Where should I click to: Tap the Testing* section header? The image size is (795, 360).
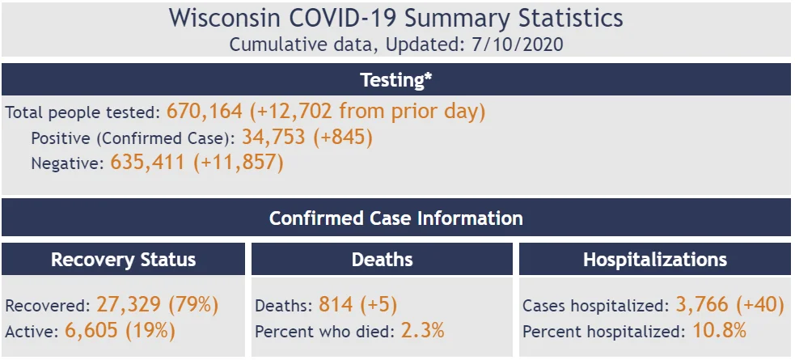[396, 79]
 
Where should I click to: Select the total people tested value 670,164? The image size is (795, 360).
[205, 112]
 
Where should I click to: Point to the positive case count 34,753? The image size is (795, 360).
[273, 137]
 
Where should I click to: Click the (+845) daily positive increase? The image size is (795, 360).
[343, 137]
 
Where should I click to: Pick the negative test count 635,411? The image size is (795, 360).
[147, 163]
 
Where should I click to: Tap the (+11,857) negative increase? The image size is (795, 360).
[238, 163]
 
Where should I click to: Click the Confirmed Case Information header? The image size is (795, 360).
[396, 218]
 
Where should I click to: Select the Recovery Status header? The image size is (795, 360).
[123, 260]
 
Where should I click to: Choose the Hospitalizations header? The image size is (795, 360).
[655, 260]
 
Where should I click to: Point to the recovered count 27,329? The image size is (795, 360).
[129, 305]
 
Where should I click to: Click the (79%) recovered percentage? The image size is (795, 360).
[193, 305]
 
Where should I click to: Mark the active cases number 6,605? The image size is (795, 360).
[91, 331]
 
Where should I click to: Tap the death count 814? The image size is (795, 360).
[336, 305]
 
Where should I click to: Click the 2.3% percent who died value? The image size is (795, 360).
[422, 331]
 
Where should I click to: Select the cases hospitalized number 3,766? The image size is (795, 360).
[702, 305]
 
